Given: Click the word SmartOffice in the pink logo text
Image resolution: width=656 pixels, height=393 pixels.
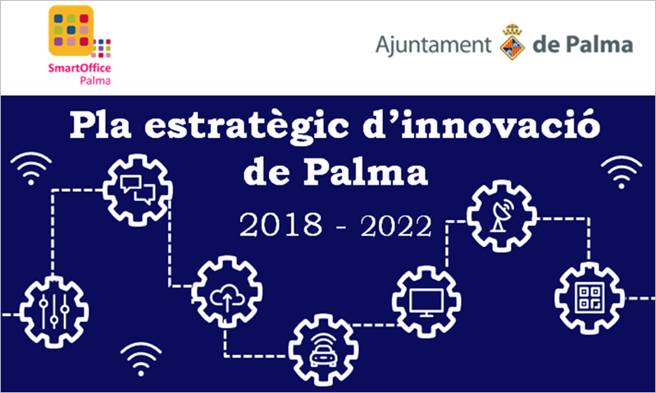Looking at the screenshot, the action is click(80, 68).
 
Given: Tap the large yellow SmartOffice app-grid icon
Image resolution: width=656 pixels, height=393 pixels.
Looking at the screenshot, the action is click(71, 30).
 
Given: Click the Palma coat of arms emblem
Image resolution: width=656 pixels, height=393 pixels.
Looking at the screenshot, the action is click(512, 42).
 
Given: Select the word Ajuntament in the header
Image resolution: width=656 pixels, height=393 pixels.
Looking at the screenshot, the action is click(434, 45).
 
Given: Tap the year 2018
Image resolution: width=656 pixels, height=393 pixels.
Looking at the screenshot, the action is click(281, 225).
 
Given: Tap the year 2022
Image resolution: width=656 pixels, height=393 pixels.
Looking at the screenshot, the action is click(396, 226).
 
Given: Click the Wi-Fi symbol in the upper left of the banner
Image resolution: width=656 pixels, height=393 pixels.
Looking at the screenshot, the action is click(31, 168).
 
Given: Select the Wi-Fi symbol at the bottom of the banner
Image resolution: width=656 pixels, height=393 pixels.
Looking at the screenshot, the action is click(141, 359).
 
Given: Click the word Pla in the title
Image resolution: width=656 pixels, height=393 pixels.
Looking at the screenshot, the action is click(100, 125).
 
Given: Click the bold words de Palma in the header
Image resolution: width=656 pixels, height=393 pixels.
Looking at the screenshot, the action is click(583, 45).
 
